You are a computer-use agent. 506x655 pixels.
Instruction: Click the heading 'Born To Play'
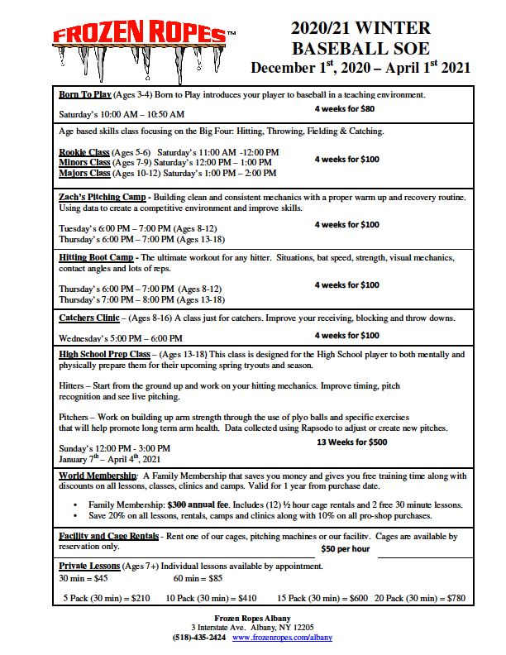(85, 94)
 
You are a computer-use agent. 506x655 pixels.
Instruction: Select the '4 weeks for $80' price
(345, 108)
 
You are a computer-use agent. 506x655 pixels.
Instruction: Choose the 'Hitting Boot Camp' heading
(96, 258)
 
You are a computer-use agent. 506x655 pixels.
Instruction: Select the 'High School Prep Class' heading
(106, 354)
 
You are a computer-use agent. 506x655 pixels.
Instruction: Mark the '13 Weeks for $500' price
(352, 442)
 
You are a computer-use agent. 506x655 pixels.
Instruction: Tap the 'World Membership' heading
(98, 476)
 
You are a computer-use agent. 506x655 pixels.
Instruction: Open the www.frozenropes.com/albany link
(282, 638)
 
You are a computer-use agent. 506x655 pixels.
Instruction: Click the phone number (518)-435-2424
(198, 638)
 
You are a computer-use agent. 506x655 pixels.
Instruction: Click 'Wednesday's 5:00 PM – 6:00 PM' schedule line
(121, 338)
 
